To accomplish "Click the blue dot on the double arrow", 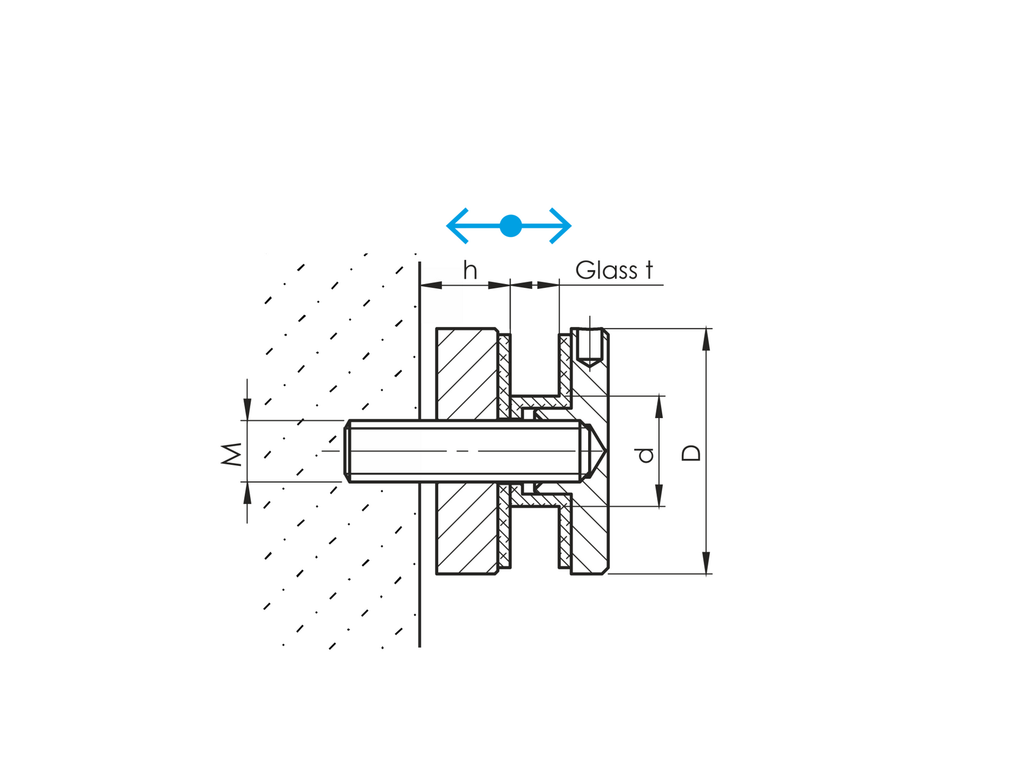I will [x=510, y=226].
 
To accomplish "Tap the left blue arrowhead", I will [x=456, y=226].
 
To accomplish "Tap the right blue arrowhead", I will [x=563, y=226].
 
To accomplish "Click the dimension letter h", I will [x=470, y=270].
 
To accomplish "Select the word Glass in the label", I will [x=605, y=270].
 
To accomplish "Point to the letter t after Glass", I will [x=649, y=270].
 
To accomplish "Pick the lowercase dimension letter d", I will [x=645, y=454].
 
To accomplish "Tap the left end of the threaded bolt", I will [x=347, y=451].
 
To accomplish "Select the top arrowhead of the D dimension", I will [x=706, y=339].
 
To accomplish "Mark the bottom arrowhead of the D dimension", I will [x=706, y=563].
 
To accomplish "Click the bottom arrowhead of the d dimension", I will [x=659, y=496].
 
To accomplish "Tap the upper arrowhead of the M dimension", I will [x=247, y=409].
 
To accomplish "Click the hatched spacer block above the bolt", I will [x=466, y=373].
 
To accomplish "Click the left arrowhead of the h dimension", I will [x=431, y=285].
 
